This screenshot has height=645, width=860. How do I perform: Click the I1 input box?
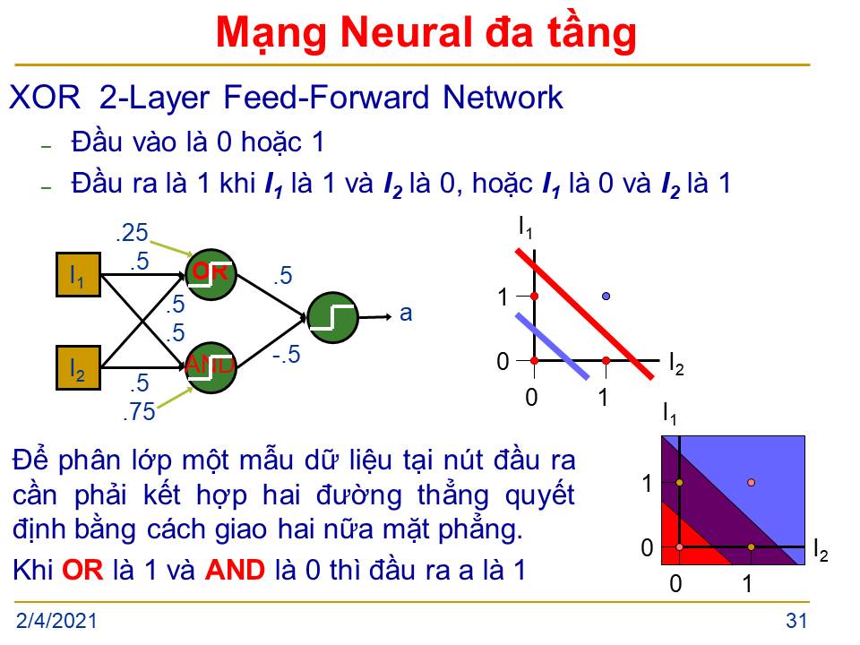click(x=79, y=275)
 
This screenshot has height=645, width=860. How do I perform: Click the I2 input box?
click(x=79, y=368)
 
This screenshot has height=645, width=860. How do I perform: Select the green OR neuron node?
click(x=211, y=274)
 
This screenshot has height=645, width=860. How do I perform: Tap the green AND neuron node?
click(x=211, y=367)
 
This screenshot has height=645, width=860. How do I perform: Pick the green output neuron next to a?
click(x=333, y=317)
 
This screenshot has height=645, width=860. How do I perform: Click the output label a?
click(x=406, y=314)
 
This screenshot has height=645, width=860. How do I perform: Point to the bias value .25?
click(x=133, y=233)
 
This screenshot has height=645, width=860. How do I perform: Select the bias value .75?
click(x=140, y=411)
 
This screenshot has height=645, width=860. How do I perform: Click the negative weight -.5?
click(x=287, y=355)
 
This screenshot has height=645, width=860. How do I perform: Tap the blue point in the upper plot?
click(x=606, y=297)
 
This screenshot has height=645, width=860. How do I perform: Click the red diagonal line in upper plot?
click(x=585, y=314)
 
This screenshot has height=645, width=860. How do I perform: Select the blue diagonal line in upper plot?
click(x=553, y=346)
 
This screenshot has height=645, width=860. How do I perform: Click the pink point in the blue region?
click(x=751, y=483)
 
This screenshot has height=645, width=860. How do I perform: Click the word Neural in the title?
click(x=407, y=33)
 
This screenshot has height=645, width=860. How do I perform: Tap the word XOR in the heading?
click(x=45, y=98)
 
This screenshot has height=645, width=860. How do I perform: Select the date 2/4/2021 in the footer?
click(x=56, y=621)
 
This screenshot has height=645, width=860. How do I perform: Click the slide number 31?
click(x=796, y=621)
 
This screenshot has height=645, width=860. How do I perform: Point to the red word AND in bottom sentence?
click(x=235, y=570)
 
